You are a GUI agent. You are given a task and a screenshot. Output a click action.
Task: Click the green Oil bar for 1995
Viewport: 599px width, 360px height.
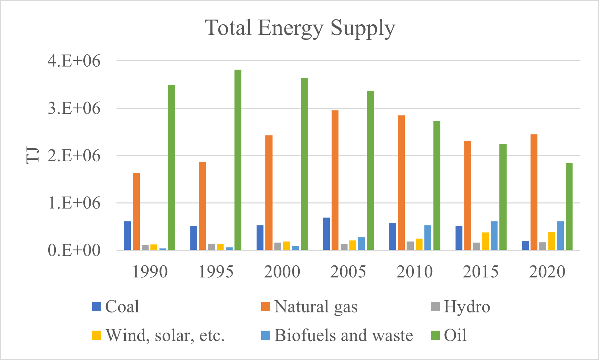tap(238, 160)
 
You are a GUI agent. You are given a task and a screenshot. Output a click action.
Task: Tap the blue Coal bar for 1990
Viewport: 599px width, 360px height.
tap(127, 236)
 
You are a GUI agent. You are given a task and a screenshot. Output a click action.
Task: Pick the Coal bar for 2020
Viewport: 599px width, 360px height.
tap(525, 245)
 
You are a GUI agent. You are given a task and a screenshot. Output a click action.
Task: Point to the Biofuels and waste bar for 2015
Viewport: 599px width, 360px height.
tap(494, 236)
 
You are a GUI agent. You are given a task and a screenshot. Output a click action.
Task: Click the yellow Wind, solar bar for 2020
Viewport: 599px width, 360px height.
tap(552, 241)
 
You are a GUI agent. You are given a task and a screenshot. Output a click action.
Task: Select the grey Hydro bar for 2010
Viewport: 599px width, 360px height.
tap(410, 246)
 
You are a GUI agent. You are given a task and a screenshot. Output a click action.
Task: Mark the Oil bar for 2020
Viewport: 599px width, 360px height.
tap(569, 206)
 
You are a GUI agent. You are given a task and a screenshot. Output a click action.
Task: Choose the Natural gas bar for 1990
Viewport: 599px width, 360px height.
tap(136, 211)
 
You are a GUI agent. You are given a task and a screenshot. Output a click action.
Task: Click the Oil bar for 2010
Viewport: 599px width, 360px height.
tap(437, 185)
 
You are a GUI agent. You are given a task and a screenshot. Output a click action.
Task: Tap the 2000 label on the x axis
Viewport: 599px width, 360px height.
tap(282, 272)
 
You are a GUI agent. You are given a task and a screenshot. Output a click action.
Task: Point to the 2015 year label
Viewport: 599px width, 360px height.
tap(481, 272)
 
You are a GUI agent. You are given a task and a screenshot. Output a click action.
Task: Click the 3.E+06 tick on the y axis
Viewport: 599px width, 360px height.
tap(74, 108)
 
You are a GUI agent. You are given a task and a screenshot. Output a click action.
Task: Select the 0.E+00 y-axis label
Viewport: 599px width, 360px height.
tap(74, 250)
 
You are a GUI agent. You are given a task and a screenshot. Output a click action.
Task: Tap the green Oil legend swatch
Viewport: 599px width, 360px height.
tap(435, 335)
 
